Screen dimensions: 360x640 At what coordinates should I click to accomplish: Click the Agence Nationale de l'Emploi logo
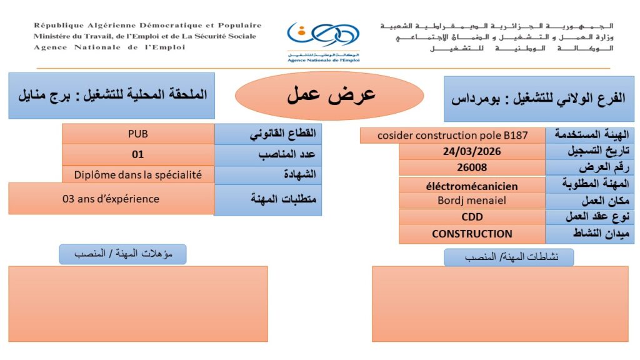click(x=323, y=41)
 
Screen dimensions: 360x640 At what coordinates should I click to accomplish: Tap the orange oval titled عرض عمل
click(x=330, y=96)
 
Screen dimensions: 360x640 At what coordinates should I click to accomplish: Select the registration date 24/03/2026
click(x=472, y=151)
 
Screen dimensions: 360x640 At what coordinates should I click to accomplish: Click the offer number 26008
click(x=472, y=167)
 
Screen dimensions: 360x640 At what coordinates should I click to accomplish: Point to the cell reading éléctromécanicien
click(x=472, y=186)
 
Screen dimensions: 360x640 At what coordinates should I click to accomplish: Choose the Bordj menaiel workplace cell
click(x=472, y=201)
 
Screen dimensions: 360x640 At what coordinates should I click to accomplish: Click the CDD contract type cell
click(x=472, y=217)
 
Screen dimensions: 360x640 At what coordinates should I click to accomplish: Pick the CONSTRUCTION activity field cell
click(x=472, y=234)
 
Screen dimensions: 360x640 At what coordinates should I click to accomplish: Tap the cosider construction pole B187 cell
click(x=452, y=135)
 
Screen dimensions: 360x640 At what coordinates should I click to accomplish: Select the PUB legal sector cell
click(x=138, y=133)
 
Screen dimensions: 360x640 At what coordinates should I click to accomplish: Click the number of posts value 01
click(x=138, y=154)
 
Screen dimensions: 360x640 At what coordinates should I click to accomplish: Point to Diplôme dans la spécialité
click(x=138, y=175)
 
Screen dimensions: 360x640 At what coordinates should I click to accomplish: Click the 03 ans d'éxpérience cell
click(x=111, y=199)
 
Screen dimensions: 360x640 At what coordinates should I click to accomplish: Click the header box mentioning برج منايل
click(x=111, y=96)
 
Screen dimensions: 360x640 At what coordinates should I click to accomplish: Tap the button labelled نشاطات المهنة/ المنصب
click(x=509, y=257)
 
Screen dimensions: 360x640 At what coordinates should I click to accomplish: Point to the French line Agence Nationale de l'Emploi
click(x=109, y=47)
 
